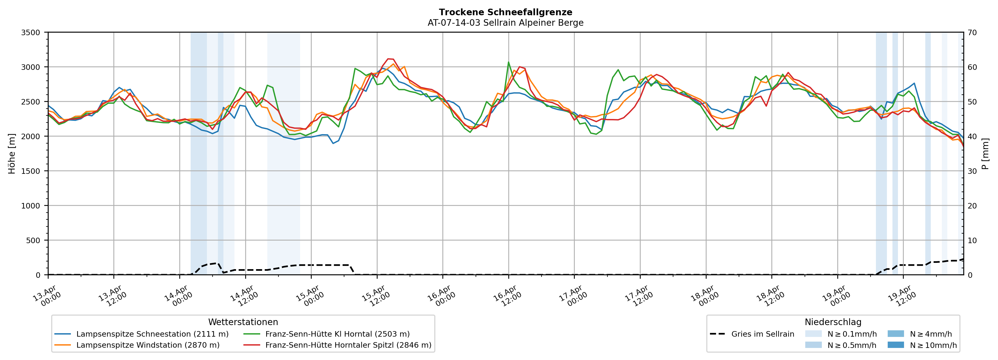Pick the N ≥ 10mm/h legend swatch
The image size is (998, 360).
[x=895, y=345]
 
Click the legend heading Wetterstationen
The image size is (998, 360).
[x=243, y=322]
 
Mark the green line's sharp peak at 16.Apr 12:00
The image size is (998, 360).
[x=508, y=62]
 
